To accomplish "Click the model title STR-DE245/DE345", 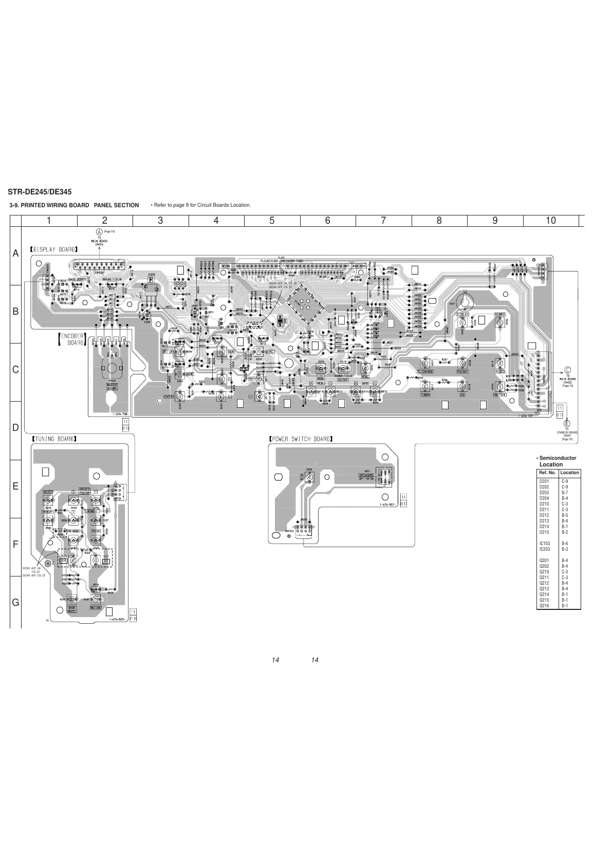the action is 39,192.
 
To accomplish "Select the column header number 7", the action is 383,221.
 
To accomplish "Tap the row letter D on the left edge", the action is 15,428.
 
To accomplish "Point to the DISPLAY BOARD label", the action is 54,249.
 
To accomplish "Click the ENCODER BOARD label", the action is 71,339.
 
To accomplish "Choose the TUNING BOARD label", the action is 54,439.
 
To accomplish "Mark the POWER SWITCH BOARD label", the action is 301,439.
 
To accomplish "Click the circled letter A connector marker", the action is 100,231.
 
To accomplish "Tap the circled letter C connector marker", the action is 568,369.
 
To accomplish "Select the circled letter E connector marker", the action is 567,423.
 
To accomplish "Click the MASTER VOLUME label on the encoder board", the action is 112,386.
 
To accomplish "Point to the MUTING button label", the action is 96,607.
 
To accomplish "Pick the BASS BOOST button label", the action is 72,609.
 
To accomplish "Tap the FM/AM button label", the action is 96,531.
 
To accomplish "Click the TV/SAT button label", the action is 462,371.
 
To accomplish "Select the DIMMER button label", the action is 499,314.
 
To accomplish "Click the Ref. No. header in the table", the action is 547,472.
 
